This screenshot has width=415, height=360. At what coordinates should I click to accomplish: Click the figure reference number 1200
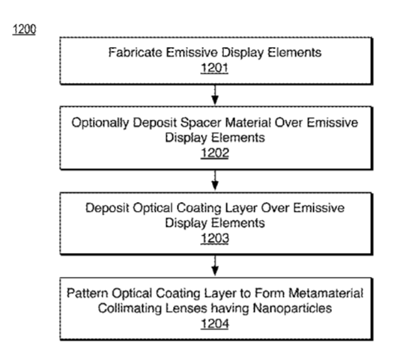click(x=24, y=29)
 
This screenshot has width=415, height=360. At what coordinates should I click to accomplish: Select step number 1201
click(x=214, y=68)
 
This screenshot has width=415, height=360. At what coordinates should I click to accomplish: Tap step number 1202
click(x=215, y=153)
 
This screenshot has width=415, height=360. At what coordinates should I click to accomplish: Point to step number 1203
click(x=215, y=238)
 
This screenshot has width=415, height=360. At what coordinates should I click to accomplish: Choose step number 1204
click(x=215, y=324)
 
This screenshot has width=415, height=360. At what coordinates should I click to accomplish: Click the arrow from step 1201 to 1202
click(x=215, y=95)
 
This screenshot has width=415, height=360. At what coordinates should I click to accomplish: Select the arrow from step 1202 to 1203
click(x=215, y=180)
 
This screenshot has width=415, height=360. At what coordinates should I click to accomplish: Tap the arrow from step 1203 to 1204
click(x=215, y=265)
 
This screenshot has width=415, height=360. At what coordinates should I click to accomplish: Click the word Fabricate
click(x=136, y=52)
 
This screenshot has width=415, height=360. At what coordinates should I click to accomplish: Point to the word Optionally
click(x=100, y=123)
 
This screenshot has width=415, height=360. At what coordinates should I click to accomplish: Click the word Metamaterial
click(x=326, y=293)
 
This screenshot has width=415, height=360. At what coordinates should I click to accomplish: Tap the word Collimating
click(x=130, y=308)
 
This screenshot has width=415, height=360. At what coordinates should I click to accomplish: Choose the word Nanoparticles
click(x=292, y=308)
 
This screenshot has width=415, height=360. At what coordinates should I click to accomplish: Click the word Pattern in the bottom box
click(x=88, y=293)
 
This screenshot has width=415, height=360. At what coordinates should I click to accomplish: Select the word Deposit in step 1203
click(x=107, y=208)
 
